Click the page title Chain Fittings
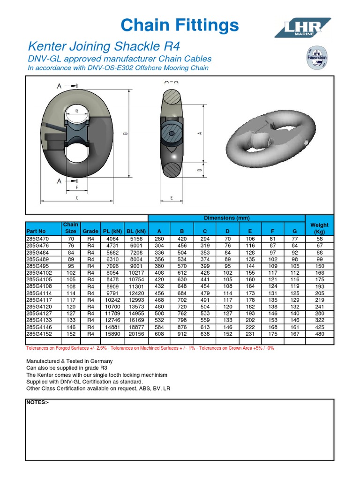pyautogui.click(x=180, y=25)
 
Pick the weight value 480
pyautogui.click(x=319, y=334)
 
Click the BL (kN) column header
pyautogui.click(x=136, y=231)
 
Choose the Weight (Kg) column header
pyautogui.click(x=319, y=228)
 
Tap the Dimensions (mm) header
pyautogui.click(x=226, y=218)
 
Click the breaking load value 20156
pyautogui.click(x=136, y=334)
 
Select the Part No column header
pyautogui.click(x=36, y=231)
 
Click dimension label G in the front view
pyautogui.click(x=76, y=111)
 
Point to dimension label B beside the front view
pyautogui.click(x=125, y=133)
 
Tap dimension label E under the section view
pyautogui.click(x=171, y=198)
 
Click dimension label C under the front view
pyautogui.click(x=77, y=198)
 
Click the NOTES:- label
pyautogui.click(x=37, y=403)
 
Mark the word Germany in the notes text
pyautogui.click(x=102, y=361)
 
